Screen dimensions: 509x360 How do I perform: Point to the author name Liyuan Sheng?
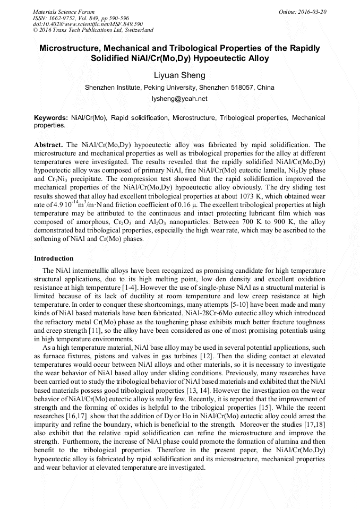click(179, 75)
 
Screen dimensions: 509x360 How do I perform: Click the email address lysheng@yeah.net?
click(179, 99)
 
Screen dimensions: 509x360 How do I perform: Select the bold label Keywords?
click(50, 117)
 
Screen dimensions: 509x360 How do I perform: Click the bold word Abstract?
click(48, 144)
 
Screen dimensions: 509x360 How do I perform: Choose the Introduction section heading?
click(54, 258)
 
